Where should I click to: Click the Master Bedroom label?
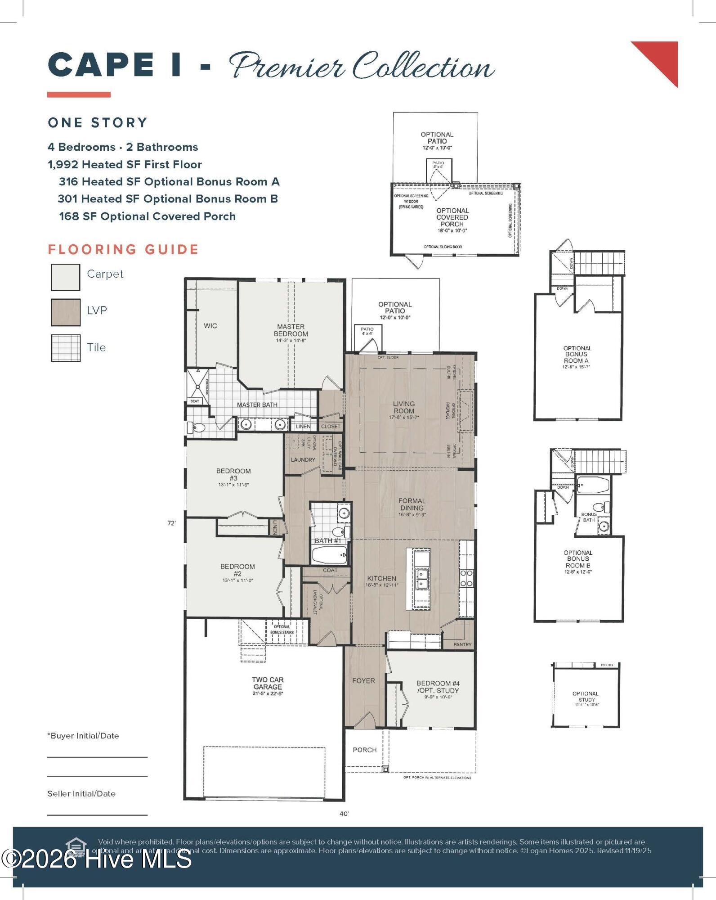[291, 331]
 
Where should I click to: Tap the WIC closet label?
[210, 326]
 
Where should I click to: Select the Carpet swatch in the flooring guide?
[66, 277]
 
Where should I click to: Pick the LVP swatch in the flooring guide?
[66, 312]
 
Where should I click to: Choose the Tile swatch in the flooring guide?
[66, 348]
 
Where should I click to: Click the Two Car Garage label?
[268, 683]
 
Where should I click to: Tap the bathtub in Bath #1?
[330, 555]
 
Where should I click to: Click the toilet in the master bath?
[197, 427]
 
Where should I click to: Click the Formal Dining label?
[412, 504]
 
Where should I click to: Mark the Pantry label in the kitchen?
[462, 644]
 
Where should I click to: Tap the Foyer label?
[363, 681]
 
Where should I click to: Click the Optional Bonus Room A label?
[577, 355]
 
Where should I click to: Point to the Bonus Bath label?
[589, 517]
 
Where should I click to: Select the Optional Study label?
[586, 697]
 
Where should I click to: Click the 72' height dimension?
[171, 523]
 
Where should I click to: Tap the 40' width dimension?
[344, 814]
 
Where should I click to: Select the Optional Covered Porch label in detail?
[452, 217]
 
